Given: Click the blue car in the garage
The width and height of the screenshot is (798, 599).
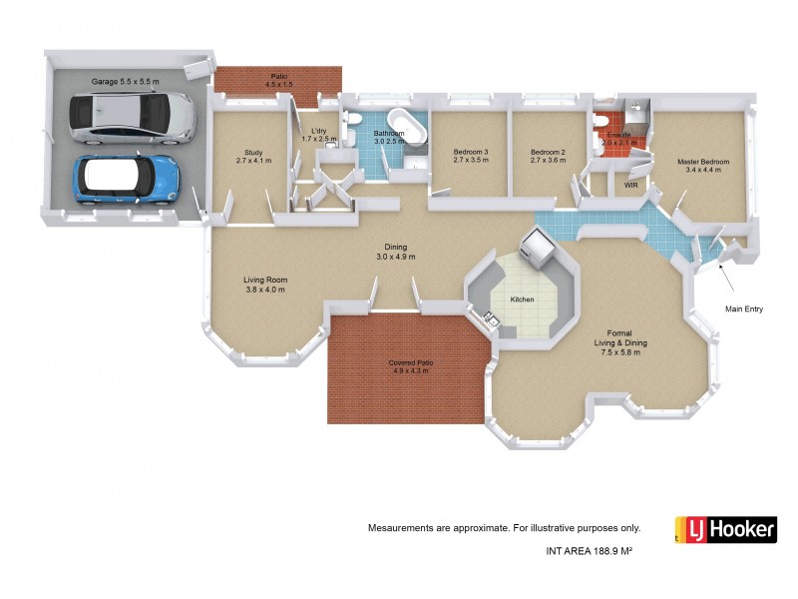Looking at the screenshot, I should coord(127,178).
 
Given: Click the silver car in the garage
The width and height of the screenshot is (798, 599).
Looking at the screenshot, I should coord(131,117).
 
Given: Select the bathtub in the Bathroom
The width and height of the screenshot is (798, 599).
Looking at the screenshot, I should coord(409,127).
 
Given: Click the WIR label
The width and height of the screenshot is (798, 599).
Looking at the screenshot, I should coord(629,185).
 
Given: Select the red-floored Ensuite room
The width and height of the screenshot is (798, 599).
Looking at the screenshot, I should coord(612,136).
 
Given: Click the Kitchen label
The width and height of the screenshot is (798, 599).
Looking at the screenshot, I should coord(523,299).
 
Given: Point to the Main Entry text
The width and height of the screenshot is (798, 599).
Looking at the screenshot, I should coord(743,309).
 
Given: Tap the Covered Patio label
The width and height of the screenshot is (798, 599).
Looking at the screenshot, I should coord(408,366).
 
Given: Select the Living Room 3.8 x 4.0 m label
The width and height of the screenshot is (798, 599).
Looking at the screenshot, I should coord(265,285).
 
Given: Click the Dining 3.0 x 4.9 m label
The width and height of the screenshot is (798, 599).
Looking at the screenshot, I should coord(395,253).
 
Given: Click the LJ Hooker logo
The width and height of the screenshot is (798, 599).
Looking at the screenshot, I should coord(725,529).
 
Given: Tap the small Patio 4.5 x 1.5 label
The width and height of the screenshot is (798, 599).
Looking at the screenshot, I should coord(278,80).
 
